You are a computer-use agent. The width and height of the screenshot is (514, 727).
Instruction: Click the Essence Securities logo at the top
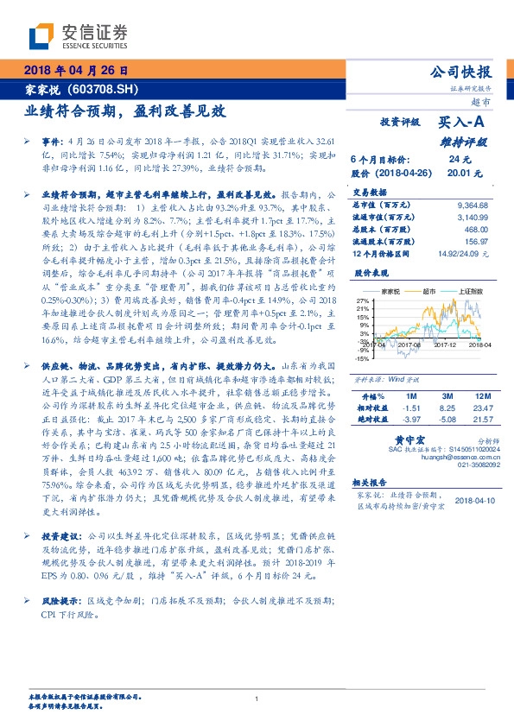coord(78,35)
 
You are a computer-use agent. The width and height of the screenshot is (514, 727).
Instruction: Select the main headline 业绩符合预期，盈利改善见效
coord(124,111)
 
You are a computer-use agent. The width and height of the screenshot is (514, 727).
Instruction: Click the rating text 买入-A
coord(462,123)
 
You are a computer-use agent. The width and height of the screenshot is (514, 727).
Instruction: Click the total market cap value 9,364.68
coord(472,205)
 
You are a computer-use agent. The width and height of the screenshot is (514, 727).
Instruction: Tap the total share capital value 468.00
coord(476,230)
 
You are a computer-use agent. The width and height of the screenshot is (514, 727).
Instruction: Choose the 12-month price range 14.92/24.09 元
coord(462,253)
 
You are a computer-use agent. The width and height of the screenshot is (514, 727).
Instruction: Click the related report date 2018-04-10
coord(472,499)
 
